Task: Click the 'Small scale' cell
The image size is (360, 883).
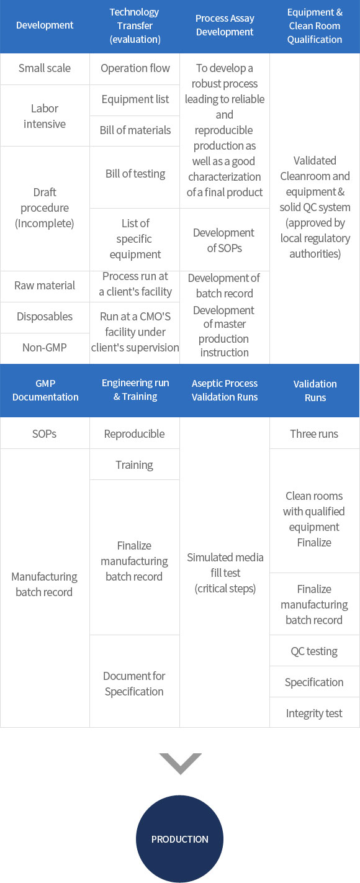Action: point(45,68)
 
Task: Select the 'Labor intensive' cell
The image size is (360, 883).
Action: point(45,116)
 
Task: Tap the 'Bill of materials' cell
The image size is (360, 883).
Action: point(135,130)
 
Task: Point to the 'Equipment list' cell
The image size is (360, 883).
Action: point(135,99)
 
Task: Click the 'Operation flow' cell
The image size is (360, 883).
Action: point(135,68)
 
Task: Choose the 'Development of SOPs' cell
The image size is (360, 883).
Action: point(225,240)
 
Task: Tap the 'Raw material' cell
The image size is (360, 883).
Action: point(45,286)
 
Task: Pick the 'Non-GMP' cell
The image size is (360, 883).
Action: point(45,348)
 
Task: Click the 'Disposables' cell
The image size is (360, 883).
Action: point(45,317)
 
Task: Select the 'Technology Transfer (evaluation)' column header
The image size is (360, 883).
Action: point(135,26)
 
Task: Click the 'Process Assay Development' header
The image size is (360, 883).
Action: point(225,25)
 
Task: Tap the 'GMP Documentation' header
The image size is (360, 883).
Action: point(45,390)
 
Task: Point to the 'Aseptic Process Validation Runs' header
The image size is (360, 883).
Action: point(225,390)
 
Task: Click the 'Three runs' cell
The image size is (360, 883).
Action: point(314,434)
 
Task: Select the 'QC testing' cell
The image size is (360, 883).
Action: point(314,651)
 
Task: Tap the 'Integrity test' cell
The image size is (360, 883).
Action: point(314,713)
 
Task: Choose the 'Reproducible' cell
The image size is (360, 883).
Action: point(134,434)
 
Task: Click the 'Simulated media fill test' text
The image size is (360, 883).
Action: point(225,565)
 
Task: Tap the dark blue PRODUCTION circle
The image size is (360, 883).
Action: point(179,839)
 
